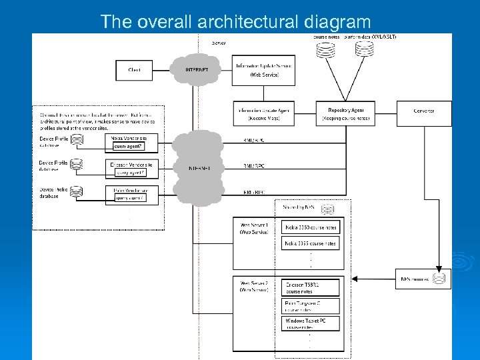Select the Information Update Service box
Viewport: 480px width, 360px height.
click(x=264, y=70)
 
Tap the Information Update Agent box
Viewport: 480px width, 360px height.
click(x=264, y=113)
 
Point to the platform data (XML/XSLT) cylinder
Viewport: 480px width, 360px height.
click(x=364, y=49)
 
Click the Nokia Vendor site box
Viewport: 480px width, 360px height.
click(x=134, y=141)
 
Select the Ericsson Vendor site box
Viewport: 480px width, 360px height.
click(x=134, y=167)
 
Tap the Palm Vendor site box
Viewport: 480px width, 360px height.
click(x=134, y=193)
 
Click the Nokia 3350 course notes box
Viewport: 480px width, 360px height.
click(x=311, y=227)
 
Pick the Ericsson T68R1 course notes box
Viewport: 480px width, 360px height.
click(x=311, y=288)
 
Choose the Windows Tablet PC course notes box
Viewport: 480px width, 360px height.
click(x=311, y=324)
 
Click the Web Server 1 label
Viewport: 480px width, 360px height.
click(x=253, y=228)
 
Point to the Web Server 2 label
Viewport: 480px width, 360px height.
click(x=253, y=287)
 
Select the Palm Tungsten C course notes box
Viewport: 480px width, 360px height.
click(x=311, y=306)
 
